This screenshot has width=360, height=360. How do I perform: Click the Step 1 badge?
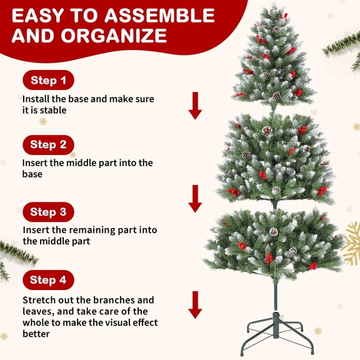point(48,80)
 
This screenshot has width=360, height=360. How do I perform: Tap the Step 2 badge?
point(48,145)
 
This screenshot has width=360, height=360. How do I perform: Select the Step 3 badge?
point(48,212)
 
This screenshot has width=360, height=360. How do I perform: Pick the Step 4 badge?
point(48,279)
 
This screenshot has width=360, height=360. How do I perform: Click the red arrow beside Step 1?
point(196,105)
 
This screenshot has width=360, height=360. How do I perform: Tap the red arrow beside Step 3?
point(196,198)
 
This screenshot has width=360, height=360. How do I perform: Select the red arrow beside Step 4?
point(196,304)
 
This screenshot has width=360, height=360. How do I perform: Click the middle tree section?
point(274,159)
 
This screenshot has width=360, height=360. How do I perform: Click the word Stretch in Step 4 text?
point(39,300)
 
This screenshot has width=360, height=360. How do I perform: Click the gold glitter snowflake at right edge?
point(351,243)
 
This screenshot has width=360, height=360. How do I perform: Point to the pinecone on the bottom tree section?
point(273,232)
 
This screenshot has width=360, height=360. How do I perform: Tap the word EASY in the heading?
point(39,14)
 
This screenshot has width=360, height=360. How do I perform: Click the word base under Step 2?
point(32,174)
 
